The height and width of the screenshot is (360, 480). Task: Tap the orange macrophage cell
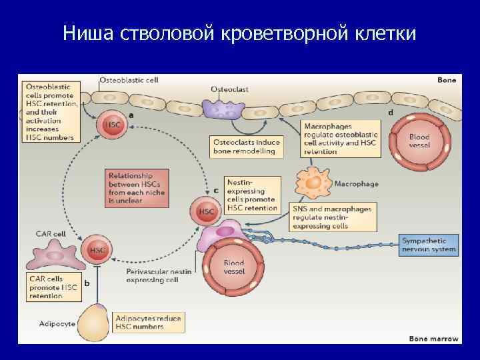click(313, 183)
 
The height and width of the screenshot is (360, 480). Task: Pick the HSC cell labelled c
click(206, 211)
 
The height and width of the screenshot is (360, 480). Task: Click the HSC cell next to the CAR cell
click(97, 250)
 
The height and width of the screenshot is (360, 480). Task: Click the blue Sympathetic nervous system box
click(429, 245)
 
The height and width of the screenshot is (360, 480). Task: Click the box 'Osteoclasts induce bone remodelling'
click(247, 147)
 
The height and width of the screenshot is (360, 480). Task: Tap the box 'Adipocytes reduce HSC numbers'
click(148, 323)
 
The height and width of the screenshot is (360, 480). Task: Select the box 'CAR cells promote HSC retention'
click(53, 287)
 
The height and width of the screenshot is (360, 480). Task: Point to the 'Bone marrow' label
click(433, 339)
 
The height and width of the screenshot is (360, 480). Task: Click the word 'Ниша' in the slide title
click(83, 33)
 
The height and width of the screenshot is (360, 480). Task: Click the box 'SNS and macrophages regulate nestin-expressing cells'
click(333, 217)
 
